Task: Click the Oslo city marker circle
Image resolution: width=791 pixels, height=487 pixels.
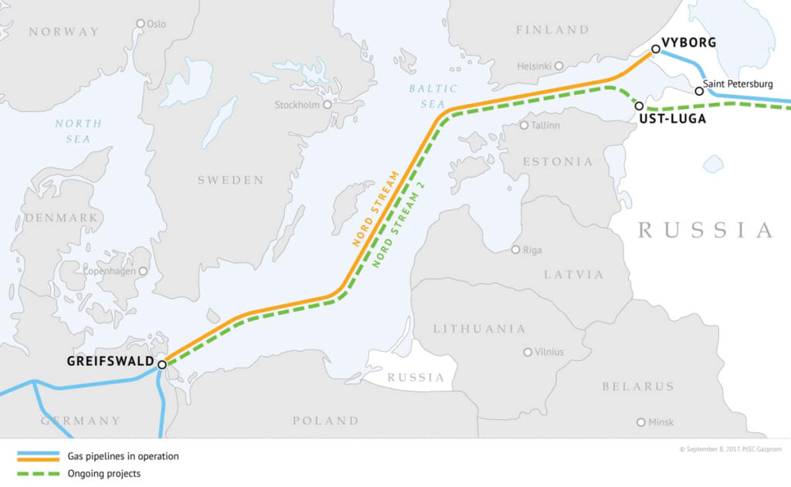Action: (141, 23)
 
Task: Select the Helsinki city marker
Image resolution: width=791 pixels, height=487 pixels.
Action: (558, 66)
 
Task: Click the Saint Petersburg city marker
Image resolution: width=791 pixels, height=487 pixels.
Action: (699, 91)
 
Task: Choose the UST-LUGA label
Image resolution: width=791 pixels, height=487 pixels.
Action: (672, 119)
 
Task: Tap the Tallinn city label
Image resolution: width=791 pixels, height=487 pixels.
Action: (545, 125)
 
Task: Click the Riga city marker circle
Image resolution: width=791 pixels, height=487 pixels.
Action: (516, 249)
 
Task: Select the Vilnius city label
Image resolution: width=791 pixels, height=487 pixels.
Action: (548, 352)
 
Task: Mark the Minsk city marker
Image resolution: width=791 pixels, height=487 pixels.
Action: (640, 422)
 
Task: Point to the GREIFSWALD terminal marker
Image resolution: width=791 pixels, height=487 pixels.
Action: (162, 364)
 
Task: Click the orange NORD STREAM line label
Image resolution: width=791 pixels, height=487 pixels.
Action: (376, 208)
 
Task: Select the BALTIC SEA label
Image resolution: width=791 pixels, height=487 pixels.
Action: (433, 96)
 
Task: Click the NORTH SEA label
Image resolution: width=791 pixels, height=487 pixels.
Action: (78, 131)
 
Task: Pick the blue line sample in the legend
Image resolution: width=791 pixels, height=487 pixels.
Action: (38, 456)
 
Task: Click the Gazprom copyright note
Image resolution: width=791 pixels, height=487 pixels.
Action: (730, 448)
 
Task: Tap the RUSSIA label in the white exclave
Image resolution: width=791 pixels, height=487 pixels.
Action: (416, 377)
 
